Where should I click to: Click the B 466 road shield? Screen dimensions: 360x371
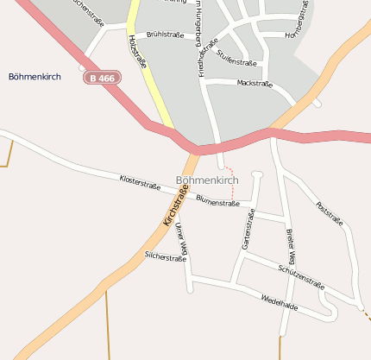[x=102, y=78]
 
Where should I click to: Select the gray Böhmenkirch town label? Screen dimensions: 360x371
[x=206, y=180]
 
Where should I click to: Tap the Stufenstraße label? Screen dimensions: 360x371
[x=237, y=58]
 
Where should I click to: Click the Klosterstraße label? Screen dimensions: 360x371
[x=140, y=180]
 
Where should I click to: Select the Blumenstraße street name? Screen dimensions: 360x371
[x=217, y=202]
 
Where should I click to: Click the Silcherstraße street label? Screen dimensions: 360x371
[x=166, y=257]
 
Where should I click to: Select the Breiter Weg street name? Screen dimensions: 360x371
[x=290, y=247]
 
